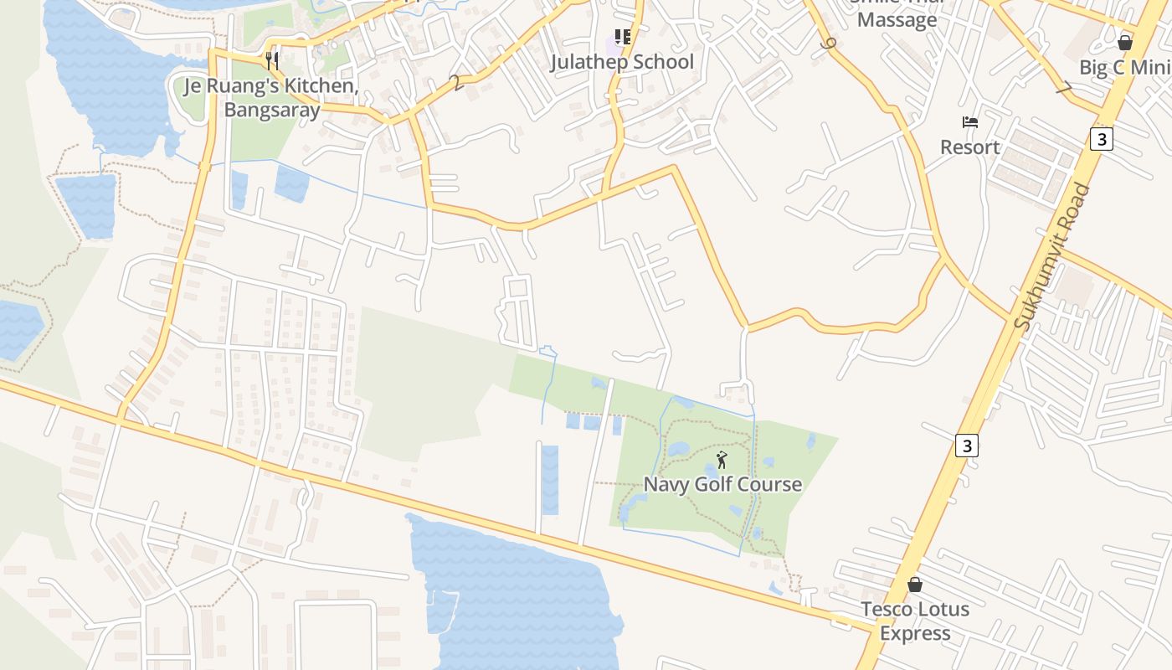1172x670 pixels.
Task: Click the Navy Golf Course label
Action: point(722,484)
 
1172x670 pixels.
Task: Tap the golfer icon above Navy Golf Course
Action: point(722,460)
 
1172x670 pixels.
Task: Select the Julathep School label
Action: point(622,62)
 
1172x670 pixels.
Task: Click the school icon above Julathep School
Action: point(622,37)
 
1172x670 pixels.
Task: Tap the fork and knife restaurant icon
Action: point(271,60)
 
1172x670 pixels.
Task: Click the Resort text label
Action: point(969,147)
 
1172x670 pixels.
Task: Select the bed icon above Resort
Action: point(970,122)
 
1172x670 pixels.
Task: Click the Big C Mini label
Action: point(1124,68)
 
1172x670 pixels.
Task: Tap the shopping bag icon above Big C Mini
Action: point(1125,43)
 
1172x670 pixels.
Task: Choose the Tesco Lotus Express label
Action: point(915,621)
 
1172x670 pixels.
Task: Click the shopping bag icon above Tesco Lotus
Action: point(915,584)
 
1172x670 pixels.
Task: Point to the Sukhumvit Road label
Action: point(1052,255)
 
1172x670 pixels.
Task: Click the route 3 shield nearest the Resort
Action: point(1102,139)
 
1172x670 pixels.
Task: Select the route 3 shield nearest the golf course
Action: point(967,446)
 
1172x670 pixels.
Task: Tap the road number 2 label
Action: point(455,83)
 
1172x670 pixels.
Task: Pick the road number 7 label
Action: point(1063,87)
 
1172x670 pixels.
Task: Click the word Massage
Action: point(897,20)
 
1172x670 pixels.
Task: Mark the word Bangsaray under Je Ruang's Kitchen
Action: point(272,110)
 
